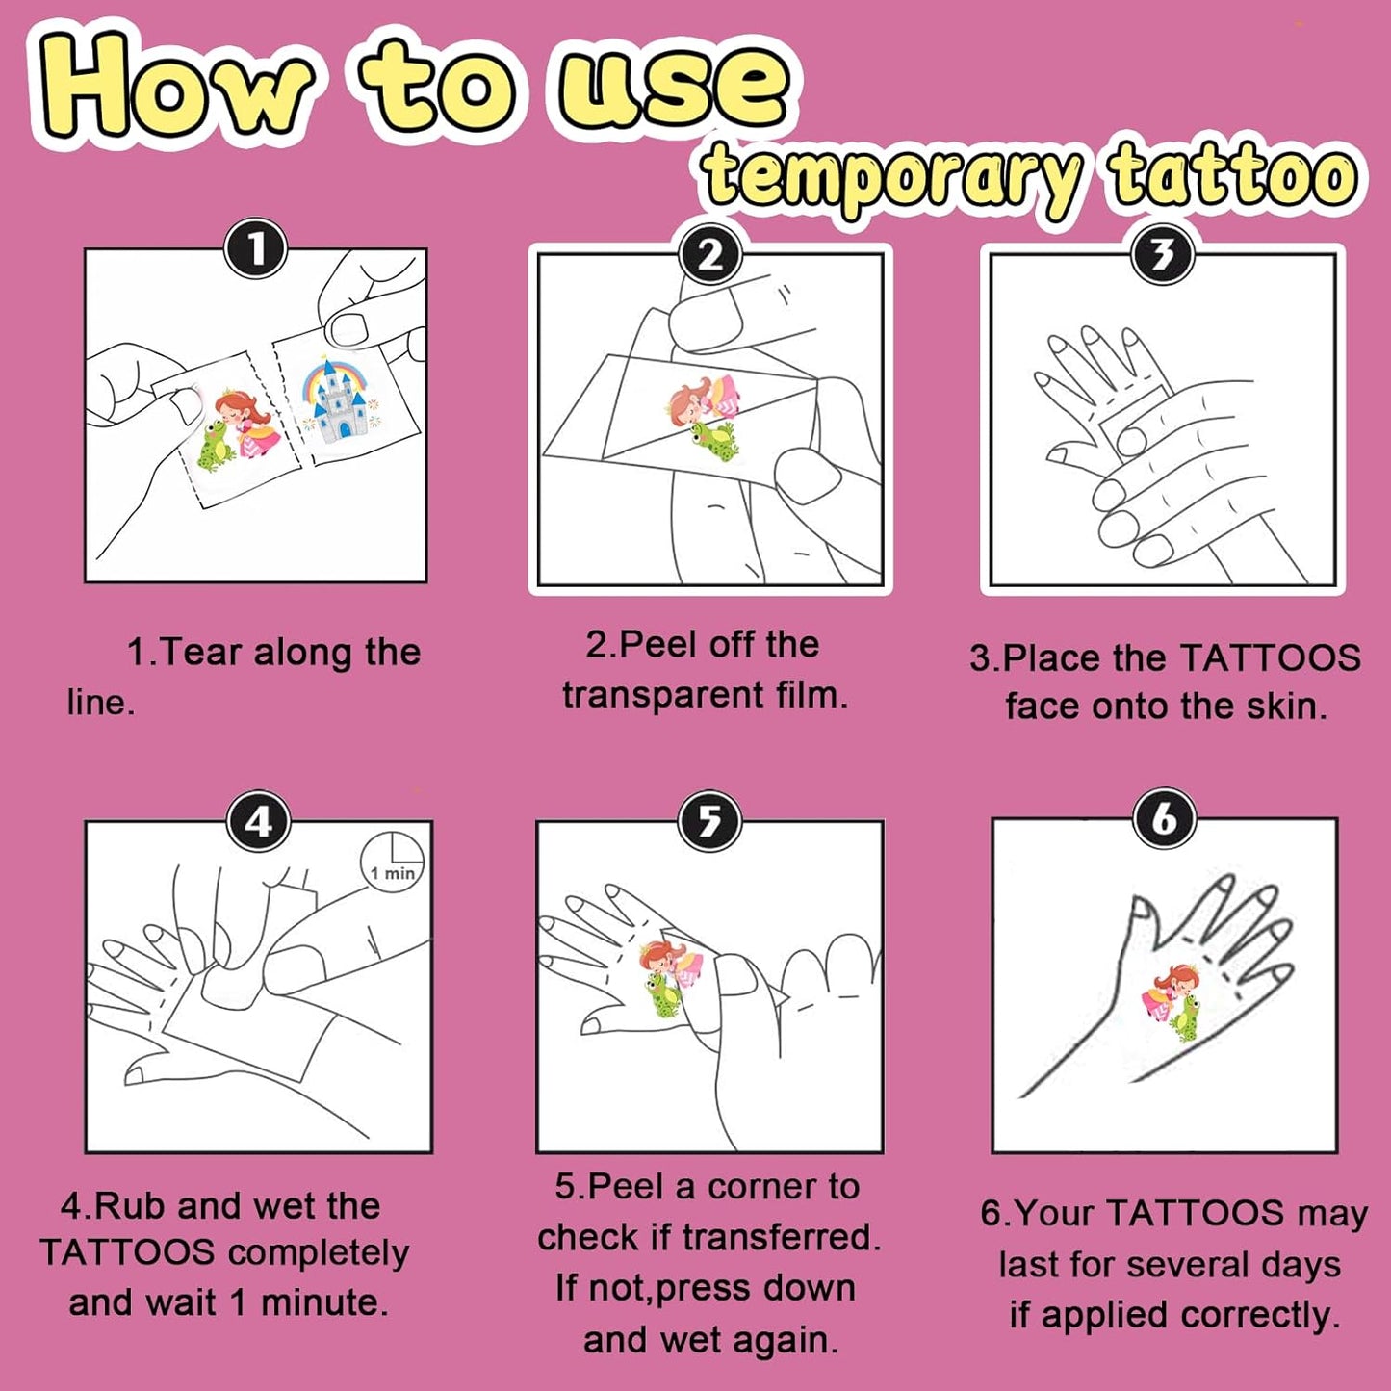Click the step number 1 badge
(255, 249)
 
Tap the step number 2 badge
(710, 254)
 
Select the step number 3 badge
(1163, 254)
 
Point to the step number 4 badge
(258, 821)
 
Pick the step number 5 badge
(711, 821)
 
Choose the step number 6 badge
(1165, 819)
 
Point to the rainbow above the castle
(336, 378)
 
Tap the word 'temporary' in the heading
(894, 177)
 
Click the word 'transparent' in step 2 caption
(662, 695)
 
